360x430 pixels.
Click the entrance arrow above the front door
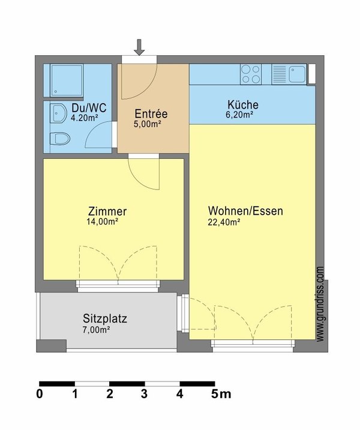coord(139,47)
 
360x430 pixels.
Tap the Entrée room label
coord(151,114)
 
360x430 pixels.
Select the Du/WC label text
coord(89,108)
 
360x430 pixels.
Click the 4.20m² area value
coord(84,118)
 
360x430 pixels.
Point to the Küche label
coord(242,104)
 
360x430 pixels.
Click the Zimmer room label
coord(107,212)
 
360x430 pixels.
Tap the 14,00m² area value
coord(102,221)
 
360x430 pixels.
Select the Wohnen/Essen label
coord(245,211)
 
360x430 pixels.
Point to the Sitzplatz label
coord(105,319)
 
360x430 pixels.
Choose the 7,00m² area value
coord(97,329)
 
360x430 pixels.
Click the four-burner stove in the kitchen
coord(251,74)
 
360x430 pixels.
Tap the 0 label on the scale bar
coord(40,394)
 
